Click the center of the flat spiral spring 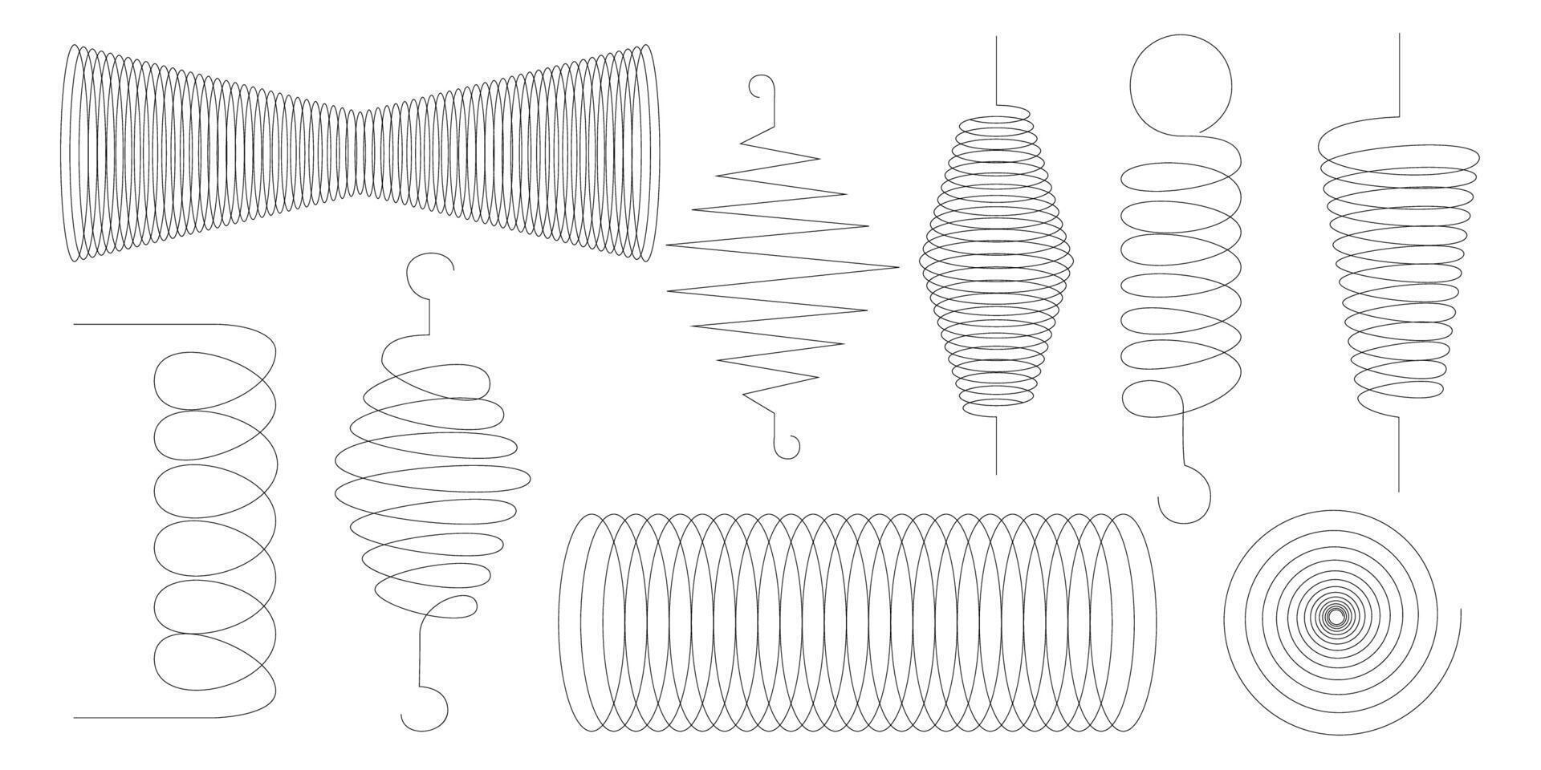1335,617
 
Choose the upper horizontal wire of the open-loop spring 144,325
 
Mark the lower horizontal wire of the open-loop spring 144,717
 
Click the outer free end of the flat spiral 1459,611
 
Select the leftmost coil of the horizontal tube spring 571,622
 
